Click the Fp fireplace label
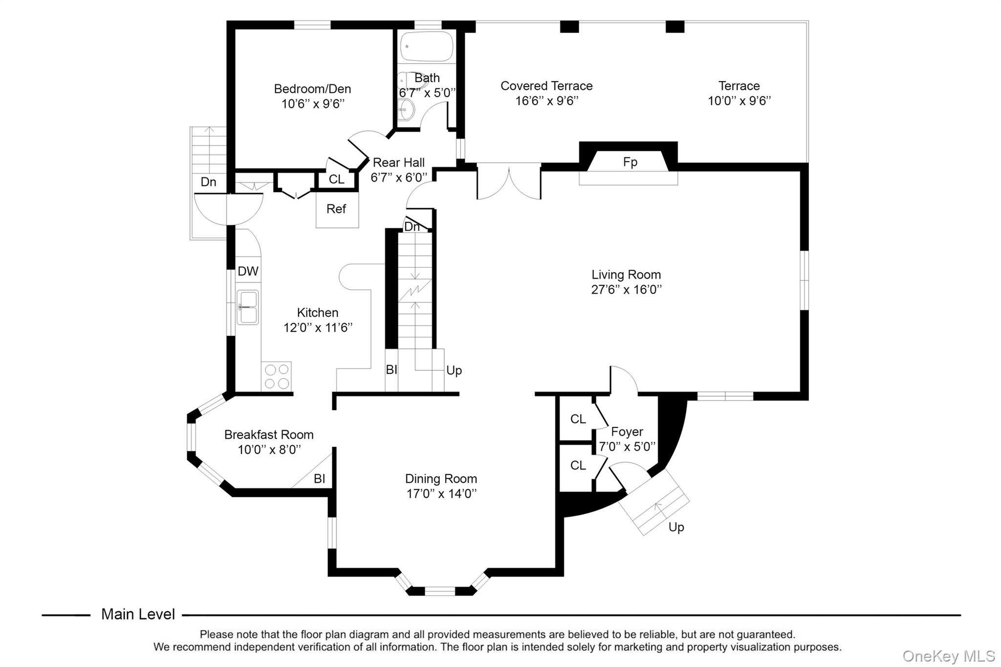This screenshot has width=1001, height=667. pyautogui.click(x=630, y=162)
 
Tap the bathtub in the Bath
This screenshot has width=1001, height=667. pyautogui.click(x=427, y=46)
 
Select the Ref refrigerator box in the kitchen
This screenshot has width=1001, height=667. pyautogui.click(x=337, y=209)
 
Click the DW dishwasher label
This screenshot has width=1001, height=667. pyautogui.click(x=248, y=272)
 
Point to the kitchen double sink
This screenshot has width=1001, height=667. pyautogui.click(x=248, y=307)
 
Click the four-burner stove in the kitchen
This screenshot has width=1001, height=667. pyautogui.click(x=277, y=376)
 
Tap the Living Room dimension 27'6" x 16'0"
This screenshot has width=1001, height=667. pyautogui.click(x=626, y=289)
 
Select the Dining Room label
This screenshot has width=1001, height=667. pyautogui.click(x=441, y=479)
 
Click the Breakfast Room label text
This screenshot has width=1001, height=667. pyautogui.click(x=269, y=434)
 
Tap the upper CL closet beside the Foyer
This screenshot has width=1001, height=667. pyautogui.click(x=577, y=419)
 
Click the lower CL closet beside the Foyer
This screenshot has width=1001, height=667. pyautogui.click(x=577, y=466)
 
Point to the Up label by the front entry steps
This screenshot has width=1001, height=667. pyautogui.click(x=676, y=527)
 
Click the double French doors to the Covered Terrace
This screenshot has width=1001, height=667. pyautogui.click(x=509, y=182)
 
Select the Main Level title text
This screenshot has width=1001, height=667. pyautogui.click(x=138, y=614)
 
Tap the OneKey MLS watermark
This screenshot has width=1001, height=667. pyautogui.click(x=948, y=656)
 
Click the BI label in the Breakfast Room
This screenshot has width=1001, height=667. pyautogui.click(x=319, y=479)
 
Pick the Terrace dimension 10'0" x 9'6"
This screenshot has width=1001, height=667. pyautogui.click(x=739, y=101)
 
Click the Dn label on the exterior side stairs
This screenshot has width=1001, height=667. pyautogui.click(x=208, y=182)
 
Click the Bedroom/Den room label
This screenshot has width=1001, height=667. pyautogui.click(x=312, y=89)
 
